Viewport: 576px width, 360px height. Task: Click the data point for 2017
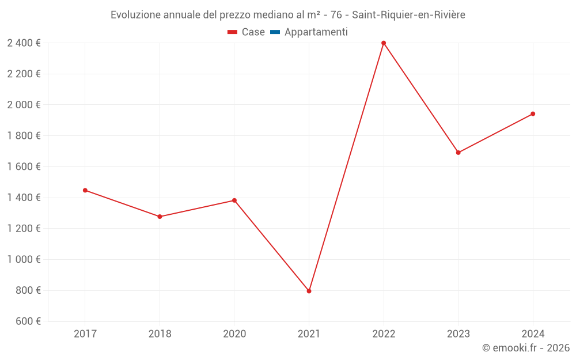click(x=85, y=190)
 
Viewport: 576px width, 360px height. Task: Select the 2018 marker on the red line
click(x=160, y=217)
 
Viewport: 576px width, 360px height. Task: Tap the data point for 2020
click(x=234, y=200)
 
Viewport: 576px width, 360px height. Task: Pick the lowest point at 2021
click(x=309, y=291)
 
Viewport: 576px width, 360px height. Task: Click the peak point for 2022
click(x=384, y=43)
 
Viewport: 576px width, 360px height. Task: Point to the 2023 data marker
click(x=458, y=153)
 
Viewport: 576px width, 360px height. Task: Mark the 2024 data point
click(x=533, y=114)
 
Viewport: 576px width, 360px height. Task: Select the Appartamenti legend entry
click(x=316, y=32)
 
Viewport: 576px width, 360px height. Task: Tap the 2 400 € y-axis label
click(x=24, y=43)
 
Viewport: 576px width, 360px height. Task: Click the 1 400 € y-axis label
click(x=24, y=198)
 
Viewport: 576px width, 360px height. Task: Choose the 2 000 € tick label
click(x=24, y=105)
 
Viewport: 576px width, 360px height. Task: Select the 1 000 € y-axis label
click(x=24, y=259)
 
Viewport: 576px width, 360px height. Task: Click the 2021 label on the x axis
click(x=309, y=334)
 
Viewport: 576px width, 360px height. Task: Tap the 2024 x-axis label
click(x=533, y=334)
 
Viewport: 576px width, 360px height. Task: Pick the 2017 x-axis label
click(x=85, y=334)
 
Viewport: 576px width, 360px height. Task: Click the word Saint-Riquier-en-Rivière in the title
click(x=408, y=15)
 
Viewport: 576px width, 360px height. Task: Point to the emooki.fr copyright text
click(x=526, y=348)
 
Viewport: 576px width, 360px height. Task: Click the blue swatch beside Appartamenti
click(x=275, y=32)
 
